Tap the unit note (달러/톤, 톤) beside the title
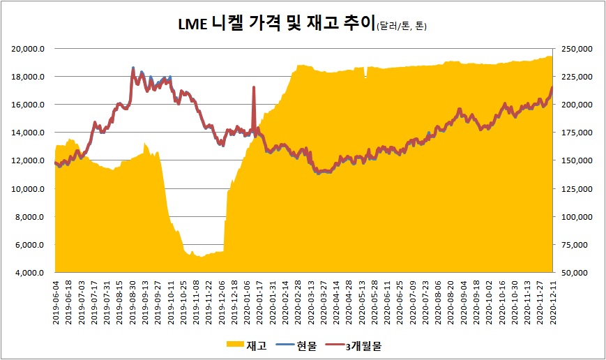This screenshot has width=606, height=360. click(401, 27)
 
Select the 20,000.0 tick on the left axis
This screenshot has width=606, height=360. click(30, 49)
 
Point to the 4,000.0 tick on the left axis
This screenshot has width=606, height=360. click(31, 273)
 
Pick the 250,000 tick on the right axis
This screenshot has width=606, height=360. click(577, 49)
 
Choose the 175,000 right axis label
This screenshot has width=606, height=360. click(577, 133)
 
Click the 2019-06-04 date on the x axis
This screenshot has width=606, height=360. click(56, 301)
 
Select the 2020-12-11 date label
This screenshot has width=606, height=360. click(552, 301)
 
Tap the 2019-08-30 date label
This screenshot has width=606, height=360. click(132, 301)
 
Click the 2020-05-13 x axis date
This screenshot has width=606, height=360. click(362, 301)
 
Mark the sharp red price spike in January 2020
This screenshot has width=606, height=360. click(254, 87)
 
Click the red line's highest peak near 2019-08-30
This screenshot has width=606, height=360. click(133, 68)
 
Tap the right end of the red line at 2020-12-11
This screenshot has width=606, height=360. click(552, 87)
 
